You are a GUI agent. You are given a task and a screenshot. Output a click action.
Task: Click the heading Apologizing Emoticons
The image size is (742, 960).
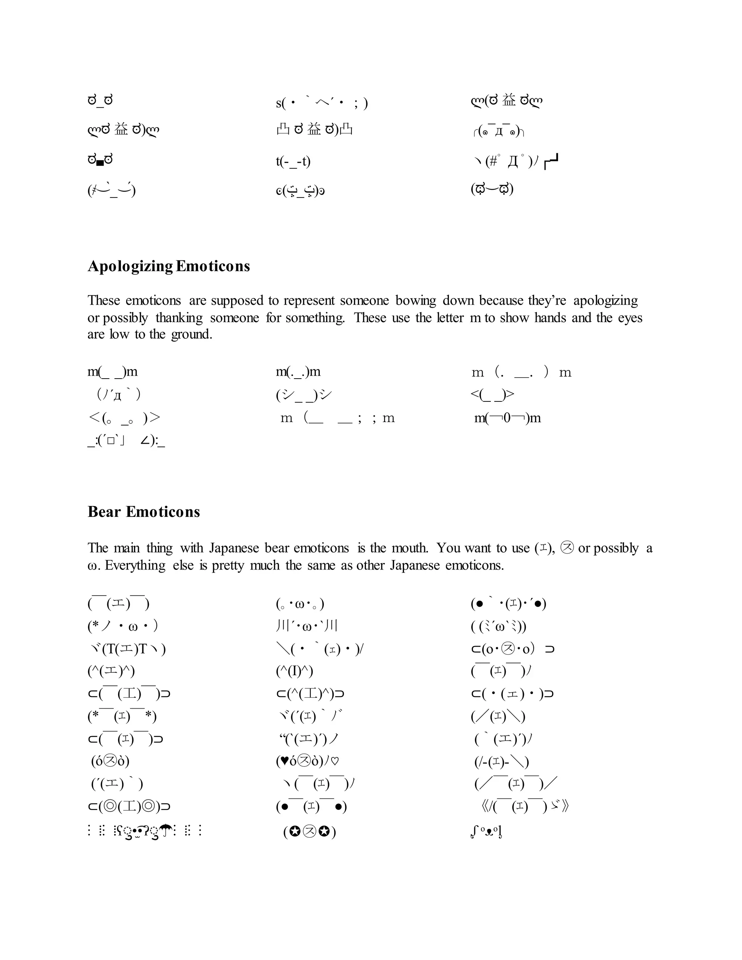tap(169, 266)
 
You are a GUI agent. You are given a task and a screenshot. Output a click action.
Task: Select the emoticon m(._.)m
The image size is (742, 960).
tap(298, 372)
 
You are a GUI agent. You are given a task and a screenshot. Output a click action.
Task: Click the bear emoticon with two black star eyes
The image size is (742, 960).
tap(309, 832)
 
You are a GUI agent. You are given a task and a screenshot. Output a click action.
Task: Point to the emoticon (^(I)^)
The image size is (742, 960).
tap(295, 671)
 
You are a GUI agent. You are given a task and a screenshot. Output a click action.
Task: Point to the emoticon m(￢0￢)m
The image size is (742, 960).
tap(507, 418)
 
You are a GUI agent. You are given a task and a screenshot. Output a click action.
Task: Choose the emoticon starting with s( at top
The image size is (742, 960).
tap(322, 103)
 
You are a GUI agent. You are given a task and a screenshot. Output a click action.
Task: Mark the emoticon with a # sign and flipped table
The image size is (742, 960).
tap(514, 162)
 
